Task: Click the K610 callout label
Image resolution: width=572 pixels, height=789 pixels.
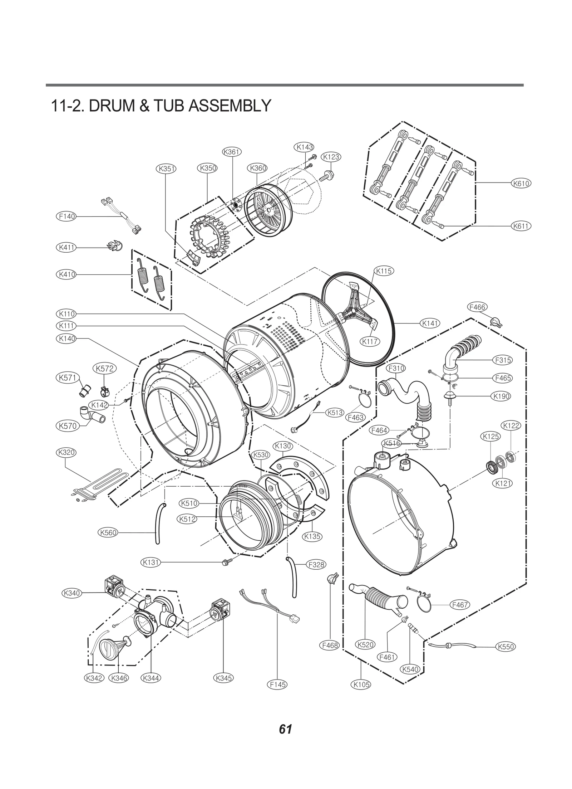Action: coord(521,184)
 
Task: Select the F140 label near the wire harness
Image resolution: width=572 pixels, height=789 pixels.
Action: coord(66,216)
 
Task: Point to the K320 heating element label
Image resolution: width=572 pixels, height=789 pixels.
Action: coord(66,452)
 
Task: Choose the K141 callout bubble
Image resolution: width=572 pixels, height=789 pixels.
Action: coord(430,323)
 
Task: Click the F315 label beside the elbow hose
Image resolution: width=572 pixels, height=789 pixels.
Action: coord(503,360)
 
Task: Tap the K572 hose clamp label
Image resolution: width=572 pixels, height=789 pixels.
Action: coord(105,368)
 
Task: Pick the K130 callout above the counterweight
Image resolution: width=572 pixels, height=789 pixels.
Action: coord(283,446)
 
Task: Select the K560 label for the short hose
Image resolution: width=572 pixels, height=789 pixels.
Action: coord(108,542)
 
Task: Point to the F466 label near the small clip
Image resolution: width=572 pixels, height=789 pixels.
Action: coord(477,307)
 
